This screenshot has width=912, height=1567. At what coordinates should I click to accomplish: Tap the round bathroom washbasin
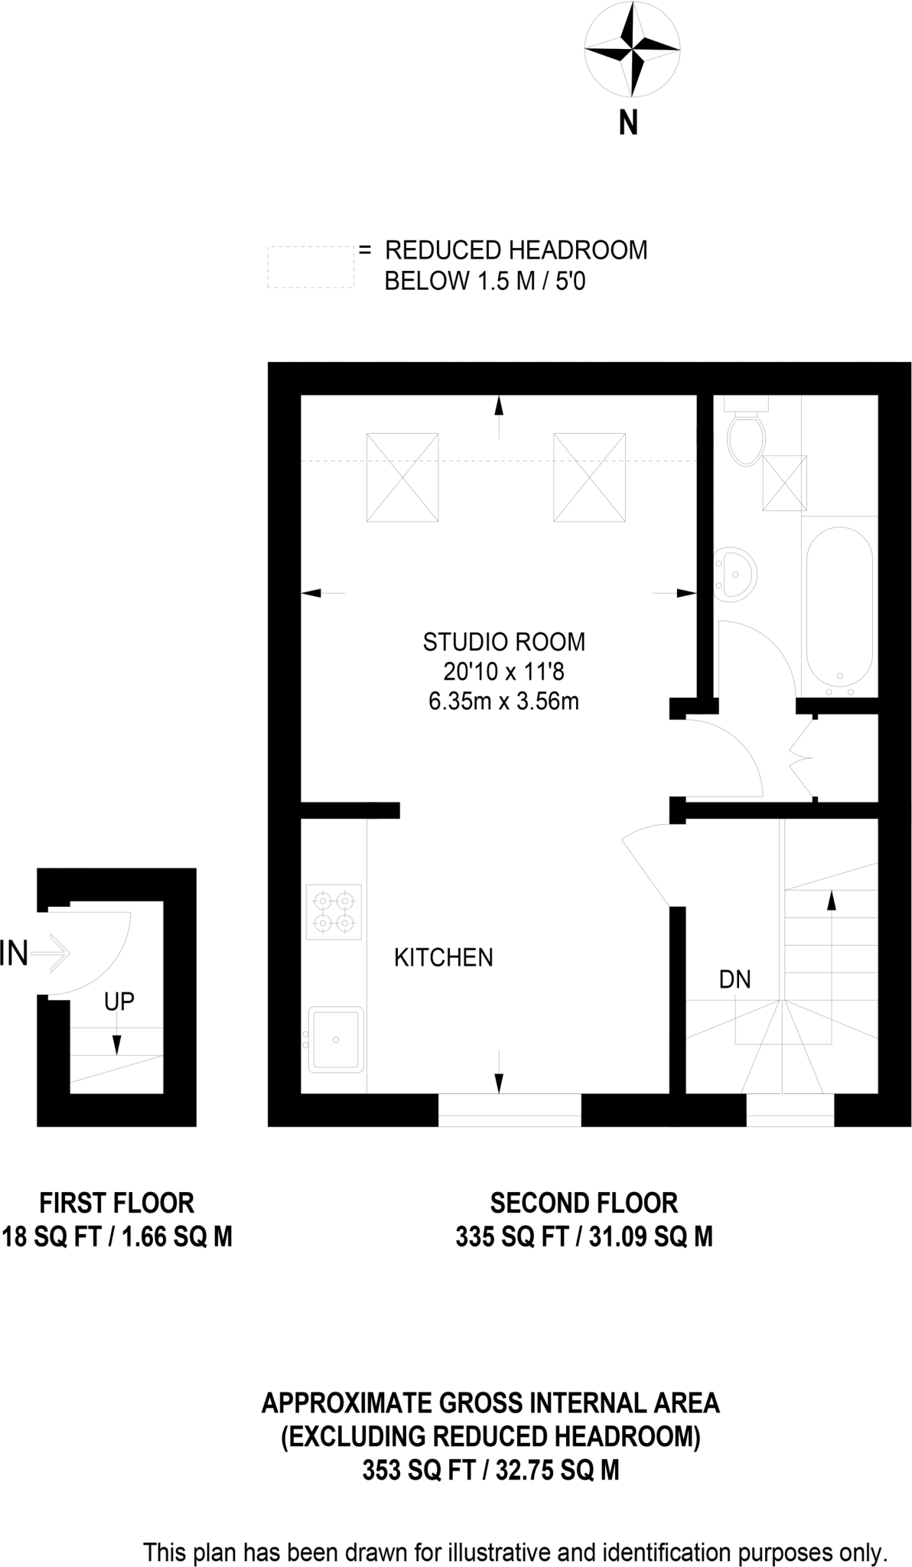(735, 572)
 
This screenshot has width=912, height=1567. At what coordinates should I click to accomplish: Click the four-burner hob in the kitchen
(334, 911)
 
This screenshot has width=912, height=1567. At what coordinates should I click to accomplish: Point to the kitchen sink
(336, 1039)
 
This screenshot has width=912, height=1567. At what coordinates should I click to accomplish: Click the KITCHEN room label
(443, 957)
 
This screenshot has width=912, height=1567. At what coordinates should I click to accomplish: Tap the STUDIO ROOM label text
(503, 641)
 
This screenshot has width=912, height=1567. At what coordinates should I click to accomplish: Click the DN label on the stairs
(734, 979)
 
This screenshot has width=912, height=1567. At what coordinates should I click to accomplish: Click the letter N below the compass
(628, 123)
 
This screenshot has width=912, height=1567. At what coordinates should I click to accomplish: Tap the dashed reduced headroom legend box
(311, 266)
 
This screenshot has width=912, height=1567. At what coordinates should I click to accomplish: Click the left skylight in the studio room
(402, 477)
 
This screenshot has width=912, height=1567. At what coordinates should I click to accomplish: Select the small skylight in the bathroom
(784, 483)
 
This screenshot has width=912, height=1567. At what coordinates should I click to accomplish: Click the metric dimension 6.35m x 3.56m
(503, 701)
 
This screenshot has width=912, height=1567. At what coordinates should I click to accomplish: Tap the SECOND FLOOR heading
(584, 1203)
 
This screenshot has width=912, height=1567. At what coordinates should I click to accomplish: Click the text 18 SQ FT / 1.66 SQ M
(117, 1236)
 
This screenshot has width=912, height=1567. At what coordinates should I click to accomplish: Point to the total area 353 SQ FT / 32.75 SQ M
(490, 1470)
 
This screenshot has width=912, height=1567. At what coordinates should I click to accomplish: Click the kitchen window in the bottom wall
(510, 1109)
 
